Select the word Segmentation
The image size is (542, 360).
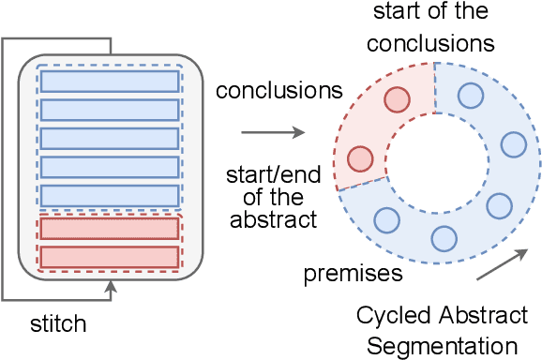pos(447,345)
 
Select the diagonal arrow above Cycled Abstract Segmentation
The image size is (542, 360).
pos(496,263)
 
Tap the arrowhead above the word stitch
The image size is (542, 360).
pos(112,294)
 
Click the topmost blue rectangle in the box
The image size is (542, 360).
pos(110,82)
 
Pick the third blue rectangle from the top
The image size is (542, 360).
pos(110,139)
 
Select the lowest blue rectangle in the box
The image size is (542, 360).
pos(110,196)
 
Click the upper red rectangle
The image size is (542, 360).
pos(110,228)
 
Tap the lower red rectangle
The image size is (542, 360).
pos(110,256)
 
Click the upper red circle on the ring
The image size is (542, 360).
pos(397,98)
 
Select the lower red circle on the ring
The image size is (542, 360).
pos(359,158)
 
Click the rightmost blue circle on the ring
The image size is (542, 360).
pos(513,143)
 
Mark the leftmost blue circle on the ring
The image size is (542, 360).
pos(385,220)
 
